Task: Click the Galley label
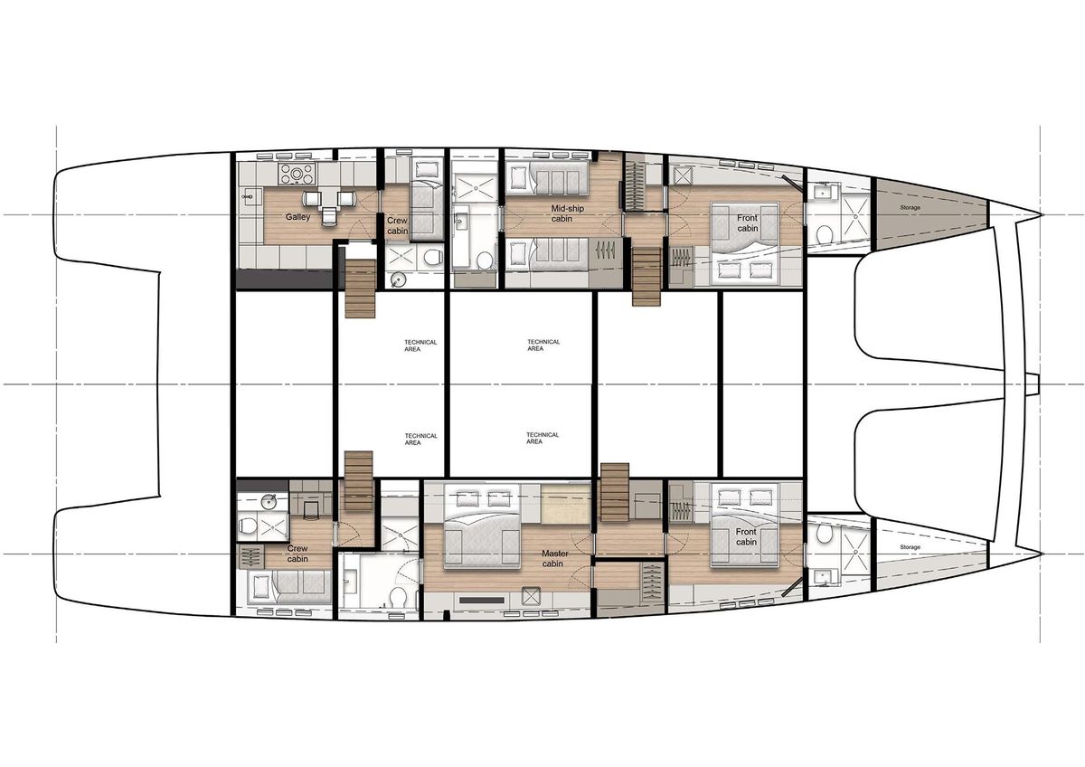[x=297, y=217]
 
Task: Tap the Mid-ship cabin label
[x=567, y=213]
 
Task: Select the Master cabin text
[x=554, y=558]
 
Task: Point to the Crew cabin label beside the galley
[x=397, y=226]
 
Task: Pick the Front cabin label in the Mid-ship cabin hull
[x=748, y=223]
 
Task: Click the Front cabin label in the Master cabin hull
[x=746, y=537]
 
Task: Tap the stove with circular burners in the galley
[x=297, y=174]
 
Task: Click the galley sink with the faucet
[x=249, y=196]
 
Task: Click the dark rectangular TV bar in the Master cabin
[x=481, y=600]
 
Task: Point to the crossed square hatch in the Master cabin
[x=531, y=596]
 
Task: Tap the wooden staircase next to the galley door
[x=360, y=289]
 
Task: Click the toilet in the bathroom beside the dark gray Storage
[x=823, y=236]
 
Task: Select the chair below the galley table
[x=329, y=216]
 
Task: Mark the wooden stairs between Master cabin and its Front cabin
[x=615, y=492]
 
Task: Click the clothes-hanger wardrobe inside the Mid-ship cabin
[x=606, y=250]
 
